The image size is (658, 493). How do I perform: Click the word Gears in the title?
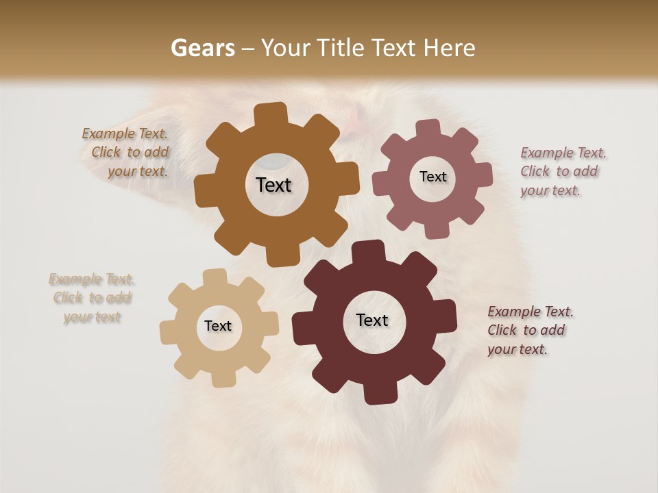(x=202, y=48)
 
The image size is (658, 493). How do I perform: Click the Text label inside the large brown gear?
(x=273, y=185)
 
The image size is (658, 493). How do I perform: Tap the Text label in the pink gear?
(x=432, y=177)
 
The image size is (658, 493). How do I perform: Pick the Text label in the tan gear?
(x=218, y=327)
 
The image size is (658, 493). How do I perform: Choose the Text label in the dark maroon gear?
(x=372, y=320)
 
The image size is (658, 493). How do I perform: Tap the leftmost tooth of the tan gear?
(x=168, y=332)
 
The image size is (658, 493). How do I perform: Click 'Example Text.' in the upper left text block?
(x=125, y=134)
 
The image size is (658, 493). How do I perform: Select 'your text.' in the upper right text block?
(x=550, y=191)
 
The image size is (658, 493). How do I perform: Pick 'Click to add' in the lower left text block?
(x=93, y=298)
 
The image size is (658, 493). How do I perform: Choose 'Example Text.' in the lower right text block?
(x=531, y=312)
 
